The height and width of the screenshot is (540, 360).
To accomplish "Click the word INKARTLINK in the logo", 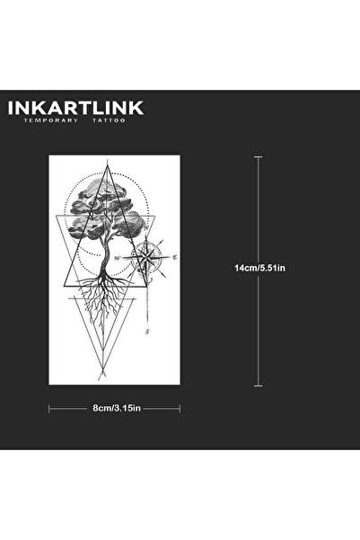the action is tap(75, 108).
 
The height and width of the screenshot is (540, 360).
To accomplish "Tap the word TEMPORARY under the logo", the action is tap(51, 120).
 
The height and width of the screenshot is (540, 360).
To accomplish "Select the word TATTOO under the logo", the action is tap(109, 120).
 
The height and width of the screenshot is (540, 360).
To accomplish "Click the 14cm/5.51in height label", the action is tap(259, 268).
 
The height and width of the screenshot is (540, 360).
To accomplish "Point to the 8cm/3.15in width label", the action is tap(117, 408).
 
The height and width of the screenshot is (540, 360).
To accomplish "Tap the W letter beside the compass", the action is tap(118, 258).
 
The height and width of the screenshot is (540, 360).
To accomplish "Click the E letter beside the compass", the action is tap(175, 257).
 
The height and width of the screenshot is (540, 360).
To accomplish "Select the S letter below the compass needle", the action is tap(147, 332).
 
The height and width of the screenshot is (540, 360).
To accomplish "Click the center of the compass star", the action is tap(147, 257).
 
